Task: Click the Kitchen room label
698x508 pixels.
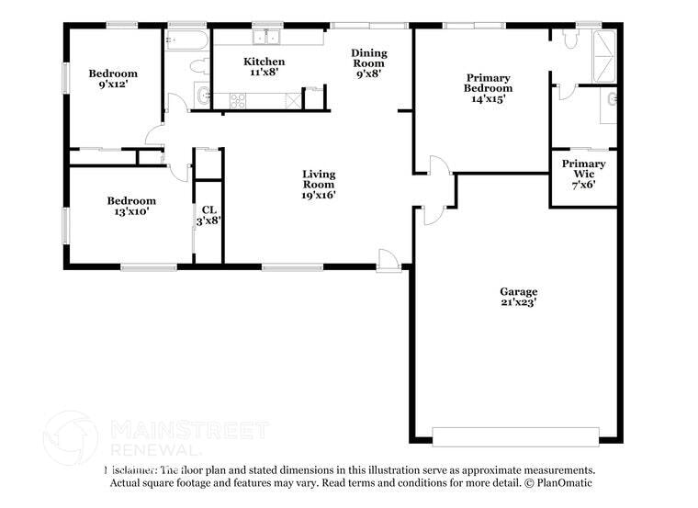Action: [x=257, y=67]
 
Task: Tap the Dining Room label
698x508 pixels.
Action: [x=369, y=64]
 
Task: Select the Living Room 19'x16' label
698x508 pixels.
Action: [x=319, y=184]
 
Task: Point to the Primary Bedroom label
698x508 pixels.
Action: [x=488, y=88]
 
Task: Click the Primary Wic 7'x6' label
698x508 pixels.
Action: [x=583, y=174]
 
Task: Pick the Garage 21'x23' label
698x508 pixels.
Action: [x=519, y=297]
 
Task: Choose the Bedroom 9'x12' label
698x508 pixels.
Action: [x=112, y=79]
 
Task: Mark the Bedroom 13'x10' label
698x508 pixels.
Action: [x=131, y=206]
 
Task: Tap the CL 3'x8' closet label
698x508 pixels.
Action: [x=209, y=215]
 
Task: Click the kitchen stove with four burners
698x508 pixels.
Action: [x=237, y=100]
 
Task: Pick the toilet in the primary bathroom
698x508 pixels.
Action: [x=570, y=40]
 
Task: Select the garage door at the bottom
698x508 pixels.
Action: [x=514, y=435]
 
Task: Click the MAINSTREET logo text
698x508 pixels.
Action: [x=190, y=430]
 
